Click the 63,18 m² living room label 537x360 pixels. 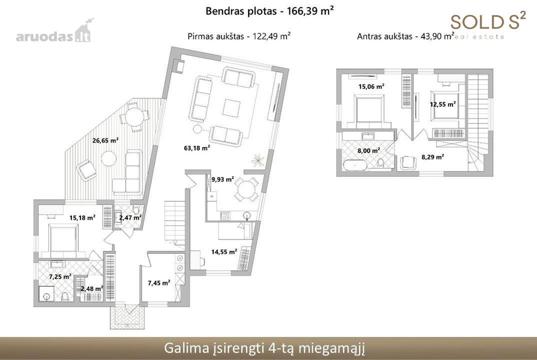point(197,148)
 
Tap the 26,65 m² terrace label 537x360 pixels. point(106,140)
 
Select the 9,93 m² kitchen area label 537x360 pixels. point(223,179)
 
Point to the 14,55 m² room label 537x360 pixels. point(224,252)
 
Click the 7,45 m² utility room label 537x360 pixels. point(159,283)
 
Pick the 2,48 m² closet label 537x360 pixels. point(92,288)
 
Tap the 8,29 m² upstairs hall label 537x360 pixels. point(433,157)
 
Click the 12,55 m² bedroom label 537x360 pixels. point(443,104)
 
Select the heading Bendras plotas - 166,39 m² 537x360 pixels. point(270,11)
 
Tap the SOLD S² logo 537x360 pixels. point(488,21)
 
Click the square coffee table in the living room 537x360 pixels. point(231,108)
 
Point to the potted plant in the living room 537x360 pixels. point(258,160)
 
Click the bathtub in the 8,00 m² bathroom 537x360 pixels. point(355,165)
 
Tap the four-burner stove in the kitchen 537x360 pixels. point(226,216)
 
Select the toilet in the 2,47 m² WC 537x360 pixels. point(136,210)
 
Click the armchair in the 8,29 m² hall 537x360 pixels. point(408,163)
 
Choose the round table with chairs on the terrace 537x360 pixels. point(135,117)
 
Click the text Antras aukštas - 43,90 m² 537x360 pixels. point(405,36)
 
